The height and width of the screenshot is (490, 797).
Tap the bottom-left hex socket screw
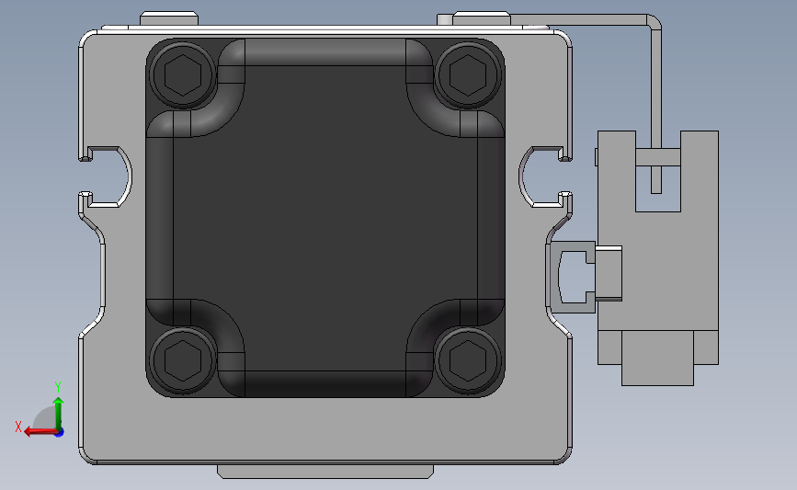point(182,357)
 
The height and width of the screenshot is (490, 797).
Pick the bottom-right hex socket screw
point(467,357)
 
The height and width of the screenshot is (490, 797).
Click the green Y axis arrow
point(58,409)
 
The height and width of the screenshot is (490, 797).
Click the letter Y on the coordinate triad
point(57,386)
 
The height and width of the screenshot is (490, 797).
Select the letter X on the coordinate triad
point(17,427)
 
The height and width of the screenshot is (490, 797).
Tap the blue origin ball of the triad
point(59,431)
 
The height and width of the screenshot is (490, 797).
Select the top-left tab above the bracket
point(169,18)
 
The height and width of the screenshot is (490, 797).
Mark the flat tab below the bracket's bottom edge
point(324,471)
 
